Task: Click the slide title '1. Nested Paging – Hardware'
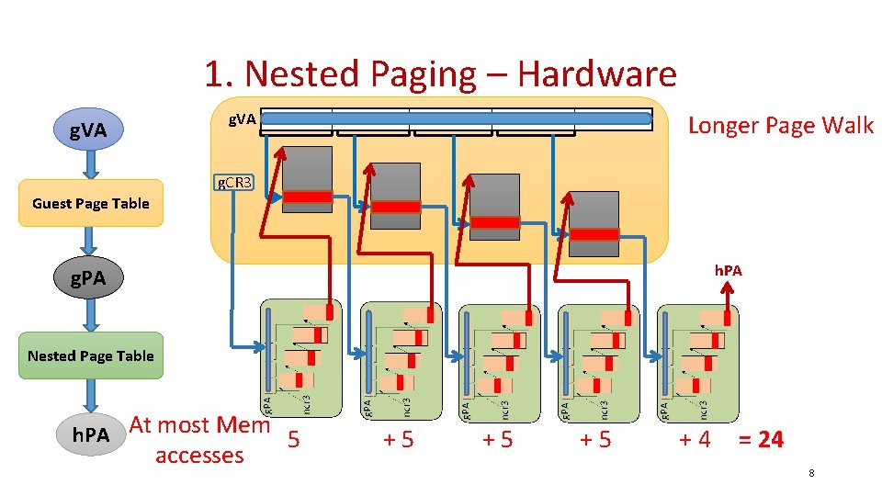(440, 73)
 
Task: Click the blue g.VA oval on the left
(89, 133)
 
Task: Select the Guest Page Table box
(90, 203)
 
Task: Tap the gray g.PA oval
(89, 276)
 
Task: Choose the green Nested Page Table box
(90, 355)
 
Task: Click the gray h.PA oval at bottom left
(91, 434)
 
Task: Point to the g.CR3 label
(232, 182)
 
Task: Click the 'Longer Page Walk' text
(780, 126)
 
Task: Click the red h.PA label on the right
(728, 271)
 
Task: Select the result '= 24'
(760, 440)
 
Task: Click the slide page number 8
(811, 473)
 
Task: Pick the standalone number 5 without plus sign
(293, 439)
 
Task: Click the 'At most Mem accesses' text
(199, 440)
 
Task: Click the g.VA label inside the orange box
(243, 119)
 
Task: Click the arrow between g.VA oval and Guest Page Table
(90, 165)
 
